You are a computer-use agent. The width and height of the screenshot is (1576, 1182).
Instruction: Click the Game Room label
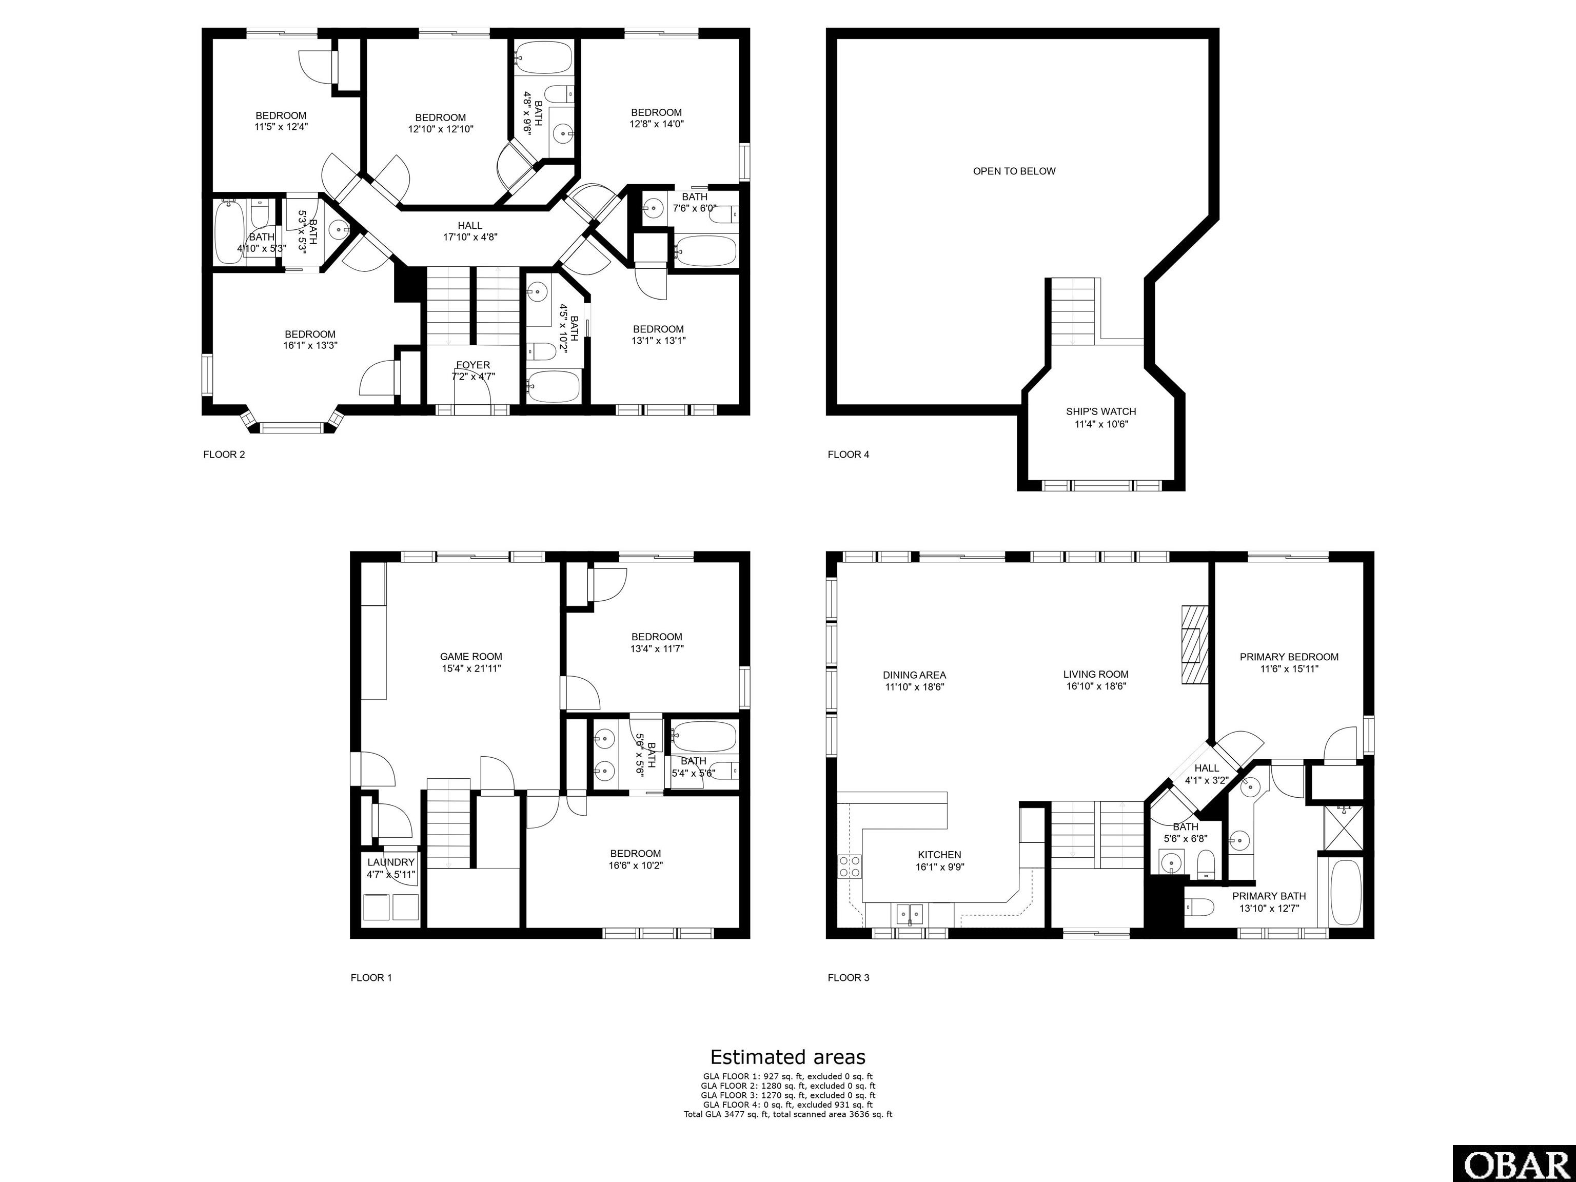pyautogui.click(x=471, y=663)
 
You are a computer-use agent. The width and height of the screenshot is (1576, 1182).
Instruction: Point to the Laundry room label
pyautogui.click(x=391, y=868)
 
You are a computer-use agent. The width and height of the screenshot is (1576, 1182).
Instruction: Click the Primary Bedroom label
pyautogui.click(x=1289, y=663)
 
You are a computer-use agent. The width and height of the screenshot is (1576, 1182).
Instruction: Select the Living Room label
pyautogui.click(x=1096, y=680)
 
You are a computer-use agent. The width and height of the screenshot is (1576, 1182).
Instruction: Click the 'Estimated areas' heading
pyautogui.click(x=787, y=1057)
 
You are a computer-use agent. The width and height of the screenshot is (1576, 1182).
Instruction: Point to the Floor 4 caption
pyautogui.click(x=848, y=454)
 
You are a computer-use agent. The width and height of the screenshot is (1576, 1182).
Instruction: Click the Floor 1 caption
pyautogui.click(x=371, y=977)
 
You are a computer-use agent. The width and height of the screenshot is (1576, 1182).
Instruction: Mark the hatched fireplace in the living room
pyautogui.click(x=1195, y=645)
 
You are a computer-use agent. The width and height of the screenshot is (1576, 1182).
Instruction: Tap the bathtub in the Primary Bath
pyautogui.click(x=1345, y=892)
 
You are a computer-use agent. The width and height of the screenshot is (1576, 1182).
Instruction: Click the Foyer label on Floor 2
pyautogui.click(x=473, y=370)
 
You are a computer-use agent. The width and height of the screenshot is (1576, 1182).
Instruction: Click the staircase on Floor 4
pyautogui.click(x=1074, y=312)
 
